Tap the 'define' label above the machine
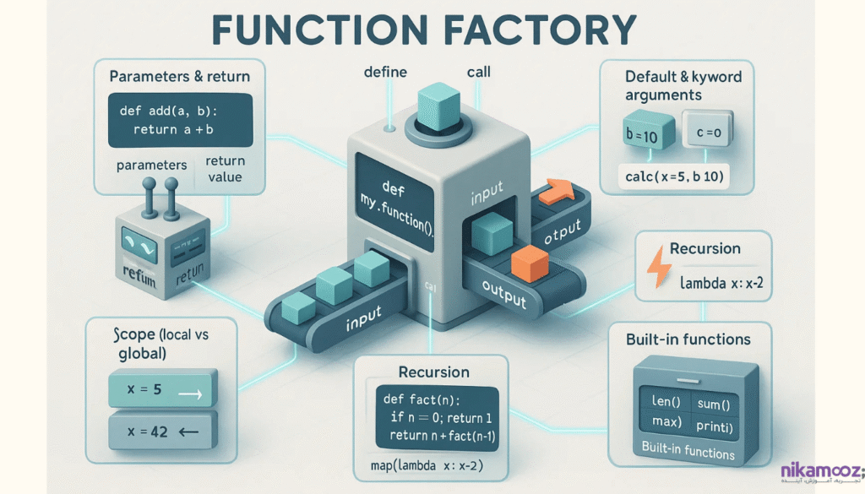pyautogui.click(x=385, y=73)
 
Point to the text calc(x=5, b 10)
pyautogui.click(x=673, y=176)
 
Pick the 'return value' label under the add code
pyautogui.click(x=224, y=169)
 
